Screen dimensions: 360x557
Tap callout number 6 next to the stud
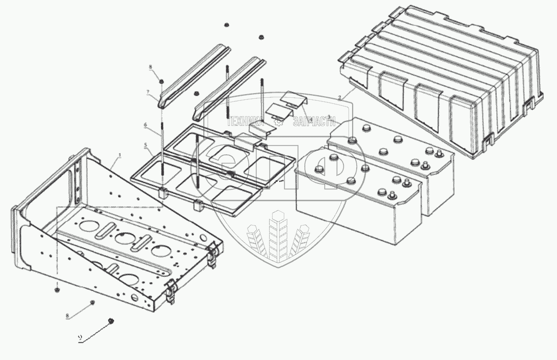point(146,125)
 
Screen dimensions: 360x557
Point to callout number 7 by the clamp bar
point(147,92)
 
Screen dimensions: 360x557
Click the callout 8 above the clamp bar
point(151,68)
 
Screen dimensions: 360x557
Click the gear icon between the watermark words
point(278,122)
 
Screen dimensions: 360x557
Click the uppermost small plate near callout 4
point(294,98)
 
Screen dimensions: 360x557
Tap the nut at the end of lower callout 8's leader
point(92,304)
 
